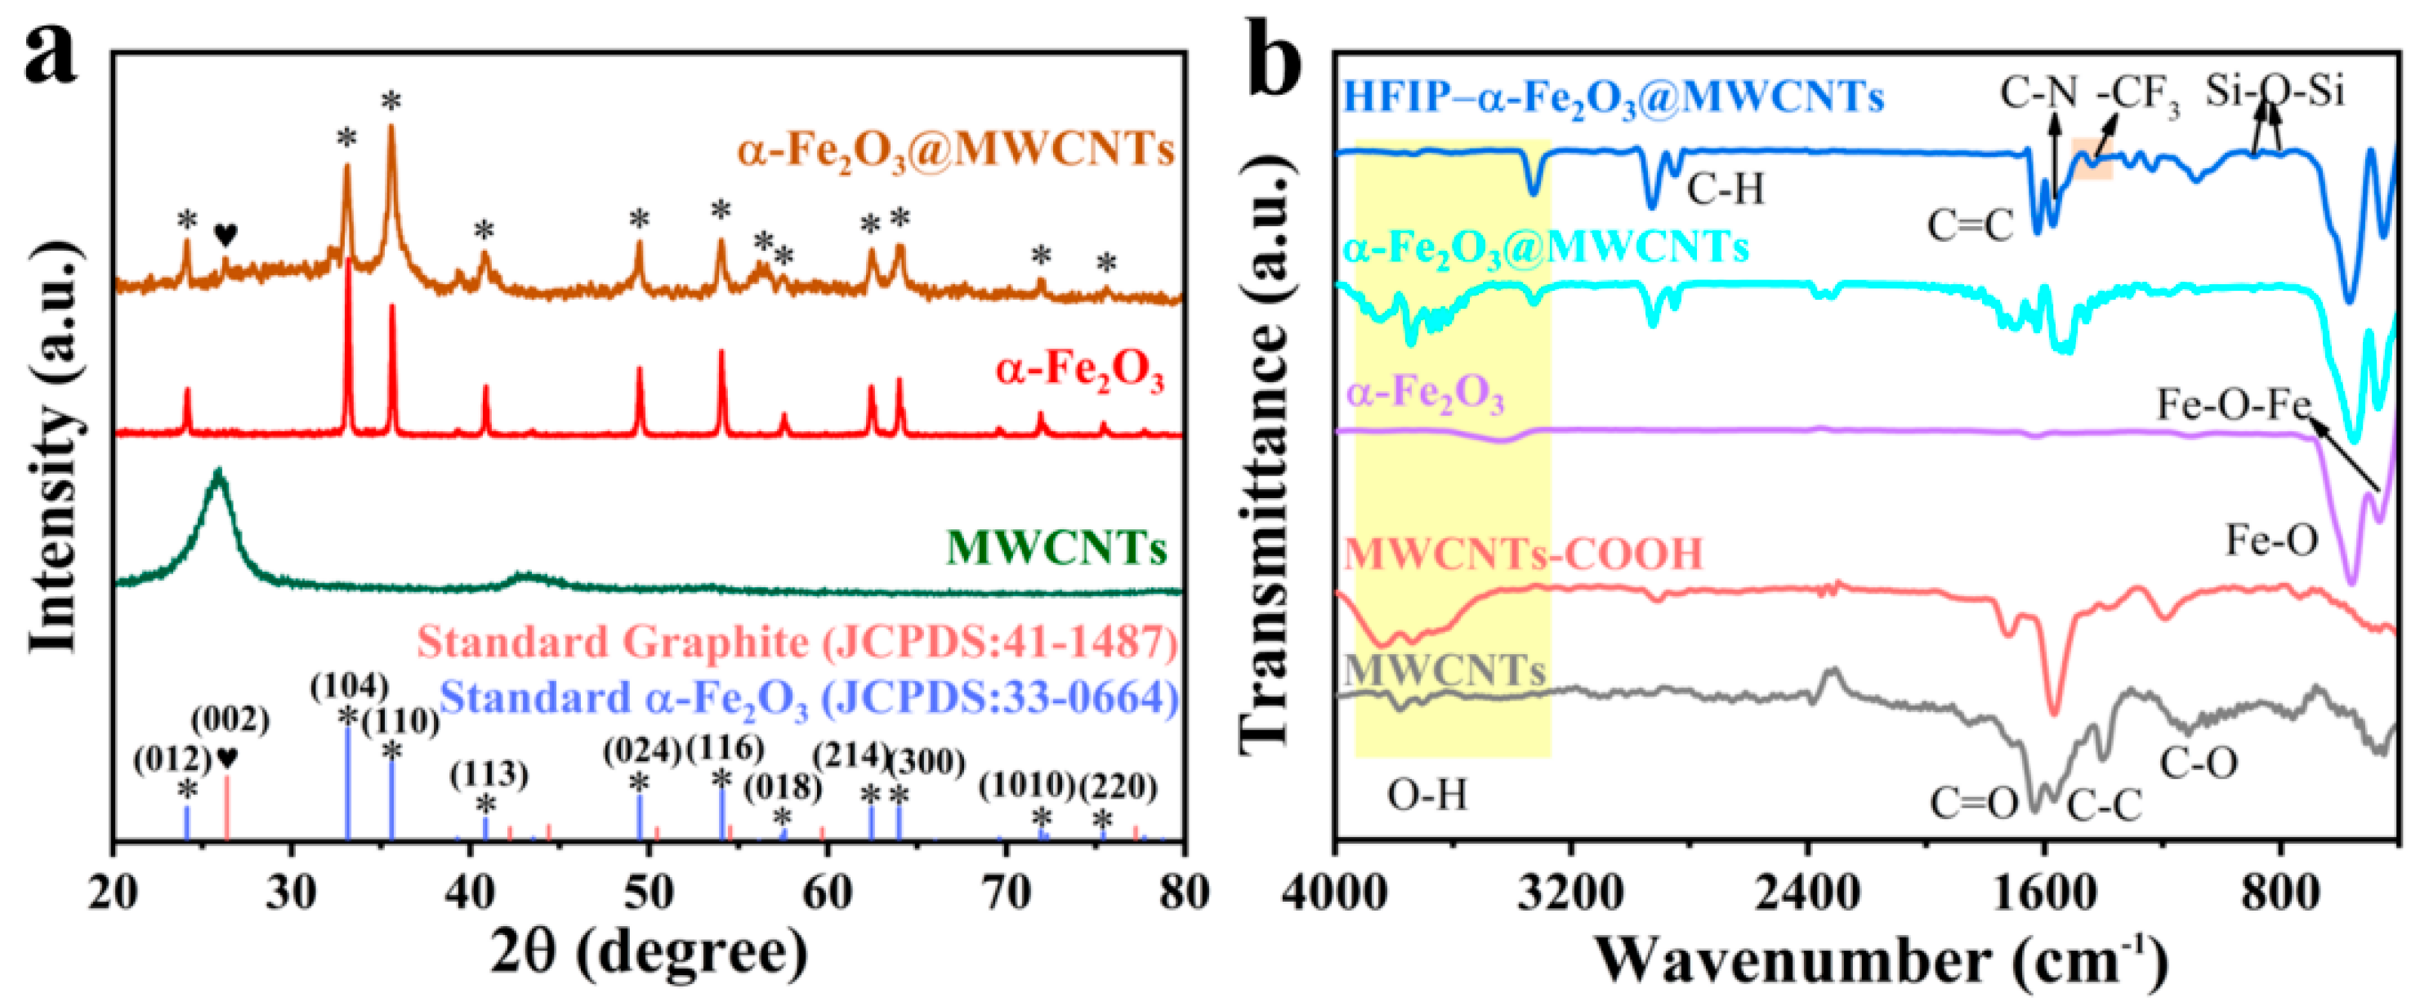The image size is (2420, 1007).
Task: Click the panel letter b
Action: (x=1275, y=58)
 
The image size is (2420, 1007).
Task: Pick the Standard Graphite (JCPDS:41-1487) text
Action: (x=797, y=644)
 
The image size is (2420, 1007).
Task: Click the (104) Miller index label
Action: (x=350, y=687)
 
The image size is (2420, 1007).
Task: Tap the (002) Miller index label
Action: (x=230, y=720)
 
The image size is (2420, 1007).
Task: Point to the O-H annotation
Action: (x=1426, y=795)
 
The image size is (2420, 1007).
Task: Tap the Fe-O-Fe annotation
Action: (x=2232, y=406)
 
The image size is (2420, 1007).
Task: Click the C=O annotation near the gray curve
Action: (x=1974, y=804)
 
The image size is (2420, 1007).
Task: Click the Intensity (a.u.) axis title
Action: (x=55, y=446)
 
